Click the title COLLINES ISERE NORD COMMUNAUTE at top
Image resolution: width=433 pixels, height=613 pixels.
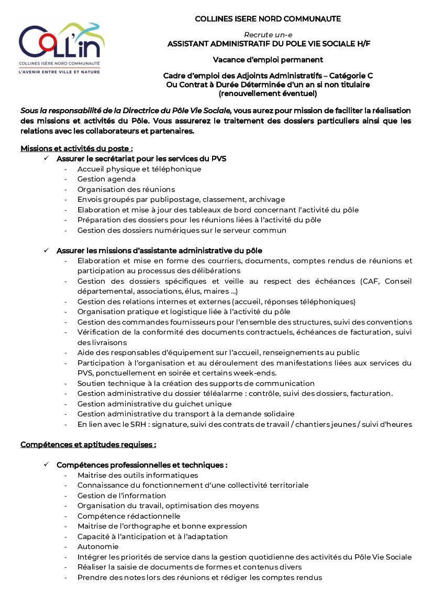268,19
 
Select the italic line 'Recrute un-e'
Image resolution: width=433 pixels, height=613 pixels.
268,35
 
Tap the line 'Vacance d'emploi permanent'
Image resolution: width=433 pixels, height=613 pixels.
268,60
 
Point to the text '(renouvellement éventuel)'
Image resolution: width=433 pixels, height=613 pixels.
268,94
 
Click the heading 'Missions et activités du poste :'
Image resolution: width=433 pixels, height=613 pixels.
76,148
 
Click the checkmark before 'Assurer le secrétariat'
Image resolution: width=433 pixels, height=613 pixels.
47,158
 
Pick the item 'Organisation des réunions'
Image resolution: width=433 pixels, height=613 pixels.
126,189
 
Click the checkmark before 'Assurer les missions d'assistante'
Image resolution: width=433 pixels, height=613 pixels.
47,250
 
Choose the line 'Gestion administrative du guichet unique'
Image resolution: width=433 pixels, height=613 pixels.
154,404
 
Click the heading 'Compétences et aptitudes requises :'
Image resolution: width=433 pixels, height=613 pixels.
88,445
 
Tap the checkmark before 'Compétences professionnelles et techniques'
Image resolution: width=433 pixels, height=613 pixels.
47,465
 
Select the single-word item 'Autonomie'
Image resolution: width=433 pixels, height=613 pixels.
98,546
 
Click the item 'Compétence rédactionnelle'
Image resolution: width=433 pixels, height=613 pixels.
129,516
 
